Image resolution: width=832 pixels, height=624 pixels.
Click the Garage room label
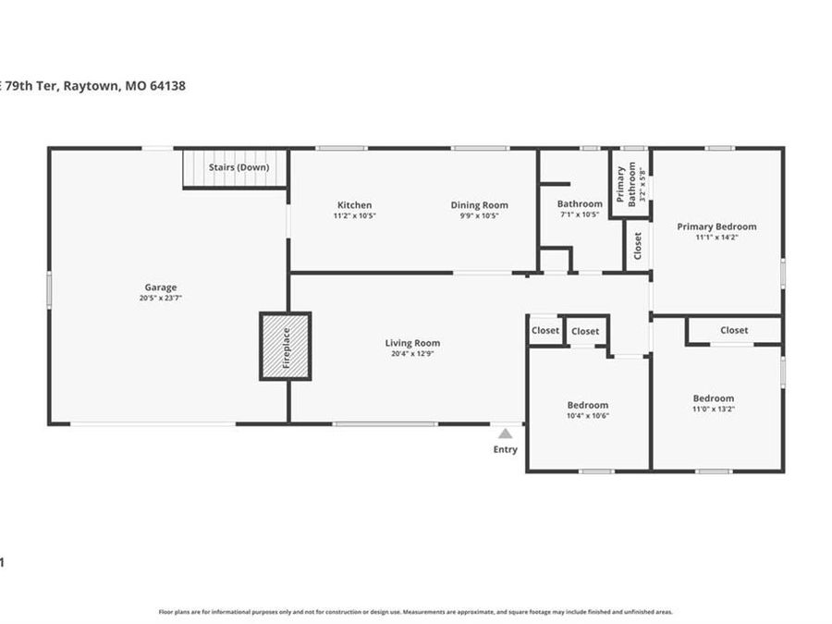click(x=160, y=288)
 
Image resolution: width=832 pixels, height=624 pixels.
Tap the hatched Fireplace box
click(x=285, y=347)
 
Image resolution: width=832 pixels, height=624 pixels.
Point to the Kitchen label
click(x=354, y=205)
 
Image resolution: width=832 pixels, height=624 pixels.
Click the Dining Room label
click(x=479, y=205)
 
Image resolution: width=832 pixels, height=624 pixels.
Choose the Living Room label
click(x=412, y=343)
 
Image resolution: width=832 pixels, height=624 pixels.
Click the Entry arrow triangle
click(x=505, y=433)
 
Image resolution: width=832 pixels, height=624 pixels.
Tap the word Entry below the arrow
click(x=505, y=450)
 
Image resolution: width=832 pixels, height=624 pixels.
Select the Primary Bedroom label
click(x=716, y=226)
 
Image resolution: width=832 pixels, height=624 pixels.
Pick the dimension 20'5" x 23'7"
click(x=160, y=299)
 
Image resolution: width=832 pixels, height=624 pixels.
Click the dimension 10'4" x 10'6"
click(x=587, y=416)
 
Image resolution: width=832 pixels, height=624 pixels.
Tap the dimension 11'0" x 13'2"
click(x=715, y=410)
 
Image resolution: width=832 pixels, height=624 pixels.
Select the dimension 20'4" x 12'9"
click(x=412, y=354)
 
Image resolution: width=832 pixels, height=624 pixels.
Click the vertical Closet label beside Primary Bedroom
click(x=638, y=245)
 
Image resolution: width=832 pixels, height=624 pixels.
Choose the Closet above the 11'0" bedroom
click(x=734, y=330)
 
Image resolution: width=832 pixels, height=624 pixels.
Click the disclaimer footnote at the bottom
click(x=416, y=612)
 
